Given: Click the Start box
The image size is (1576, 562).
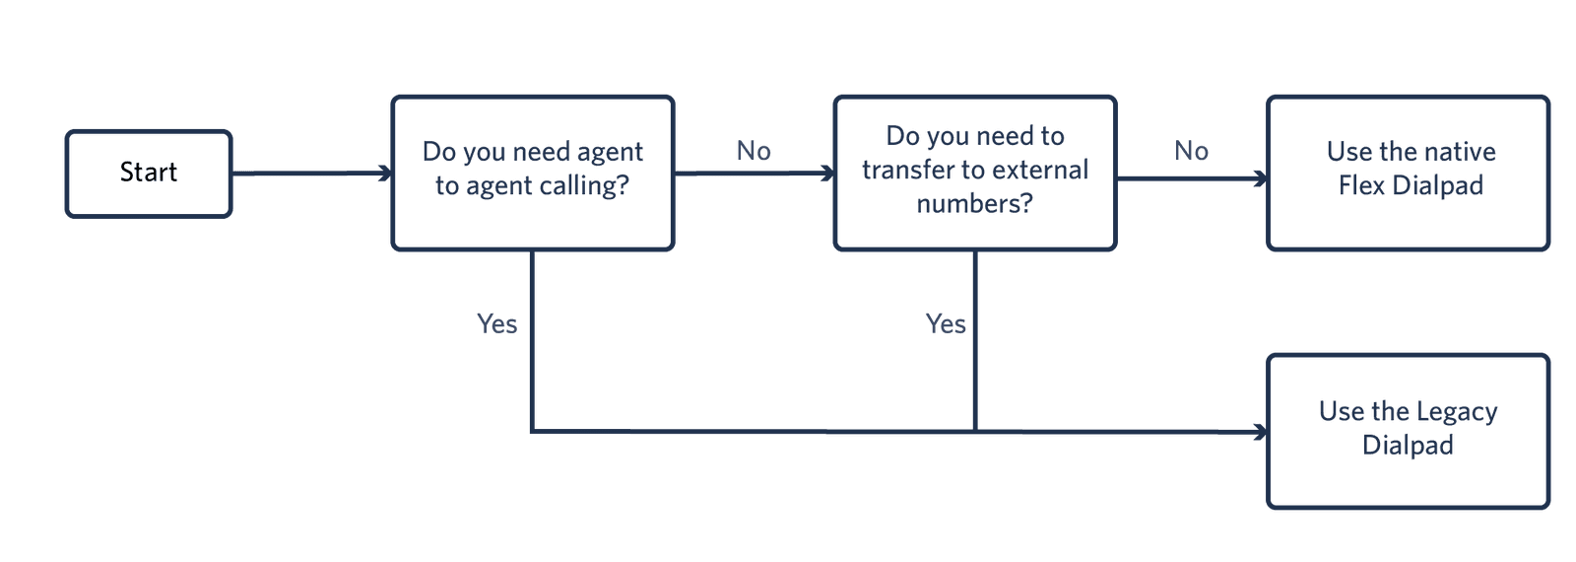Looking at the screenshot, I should [149, 173].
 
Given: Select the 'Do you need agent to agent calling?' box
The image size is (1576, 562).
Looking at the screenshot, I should [532, 172].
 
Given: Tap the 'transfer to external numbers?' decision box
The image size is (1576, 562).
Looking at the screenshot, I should [974, 172].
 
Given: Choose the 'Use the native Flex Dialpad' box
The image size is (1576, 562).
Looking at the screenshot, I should [1409, 172].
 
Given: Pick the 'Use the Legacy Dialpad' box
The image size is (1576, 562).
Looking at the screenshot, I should [1409, 430].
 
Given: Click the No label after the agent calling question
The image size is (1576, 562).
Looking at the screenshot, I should [754, 151].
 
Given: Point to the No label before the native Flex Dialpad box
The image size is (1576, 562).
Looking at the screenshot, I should [1191, 151].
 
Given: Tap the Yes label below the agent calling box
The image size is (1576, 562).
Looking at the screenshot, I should [496, 323].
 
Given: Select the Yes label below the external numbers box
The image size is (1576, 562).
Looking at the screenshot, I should [946, 323].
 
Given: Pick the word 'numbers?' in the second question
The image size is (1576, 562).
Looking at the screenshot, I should [974, 204].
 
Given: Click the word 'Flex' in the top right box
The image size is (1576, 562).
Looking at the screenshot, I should [1362, 185].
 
